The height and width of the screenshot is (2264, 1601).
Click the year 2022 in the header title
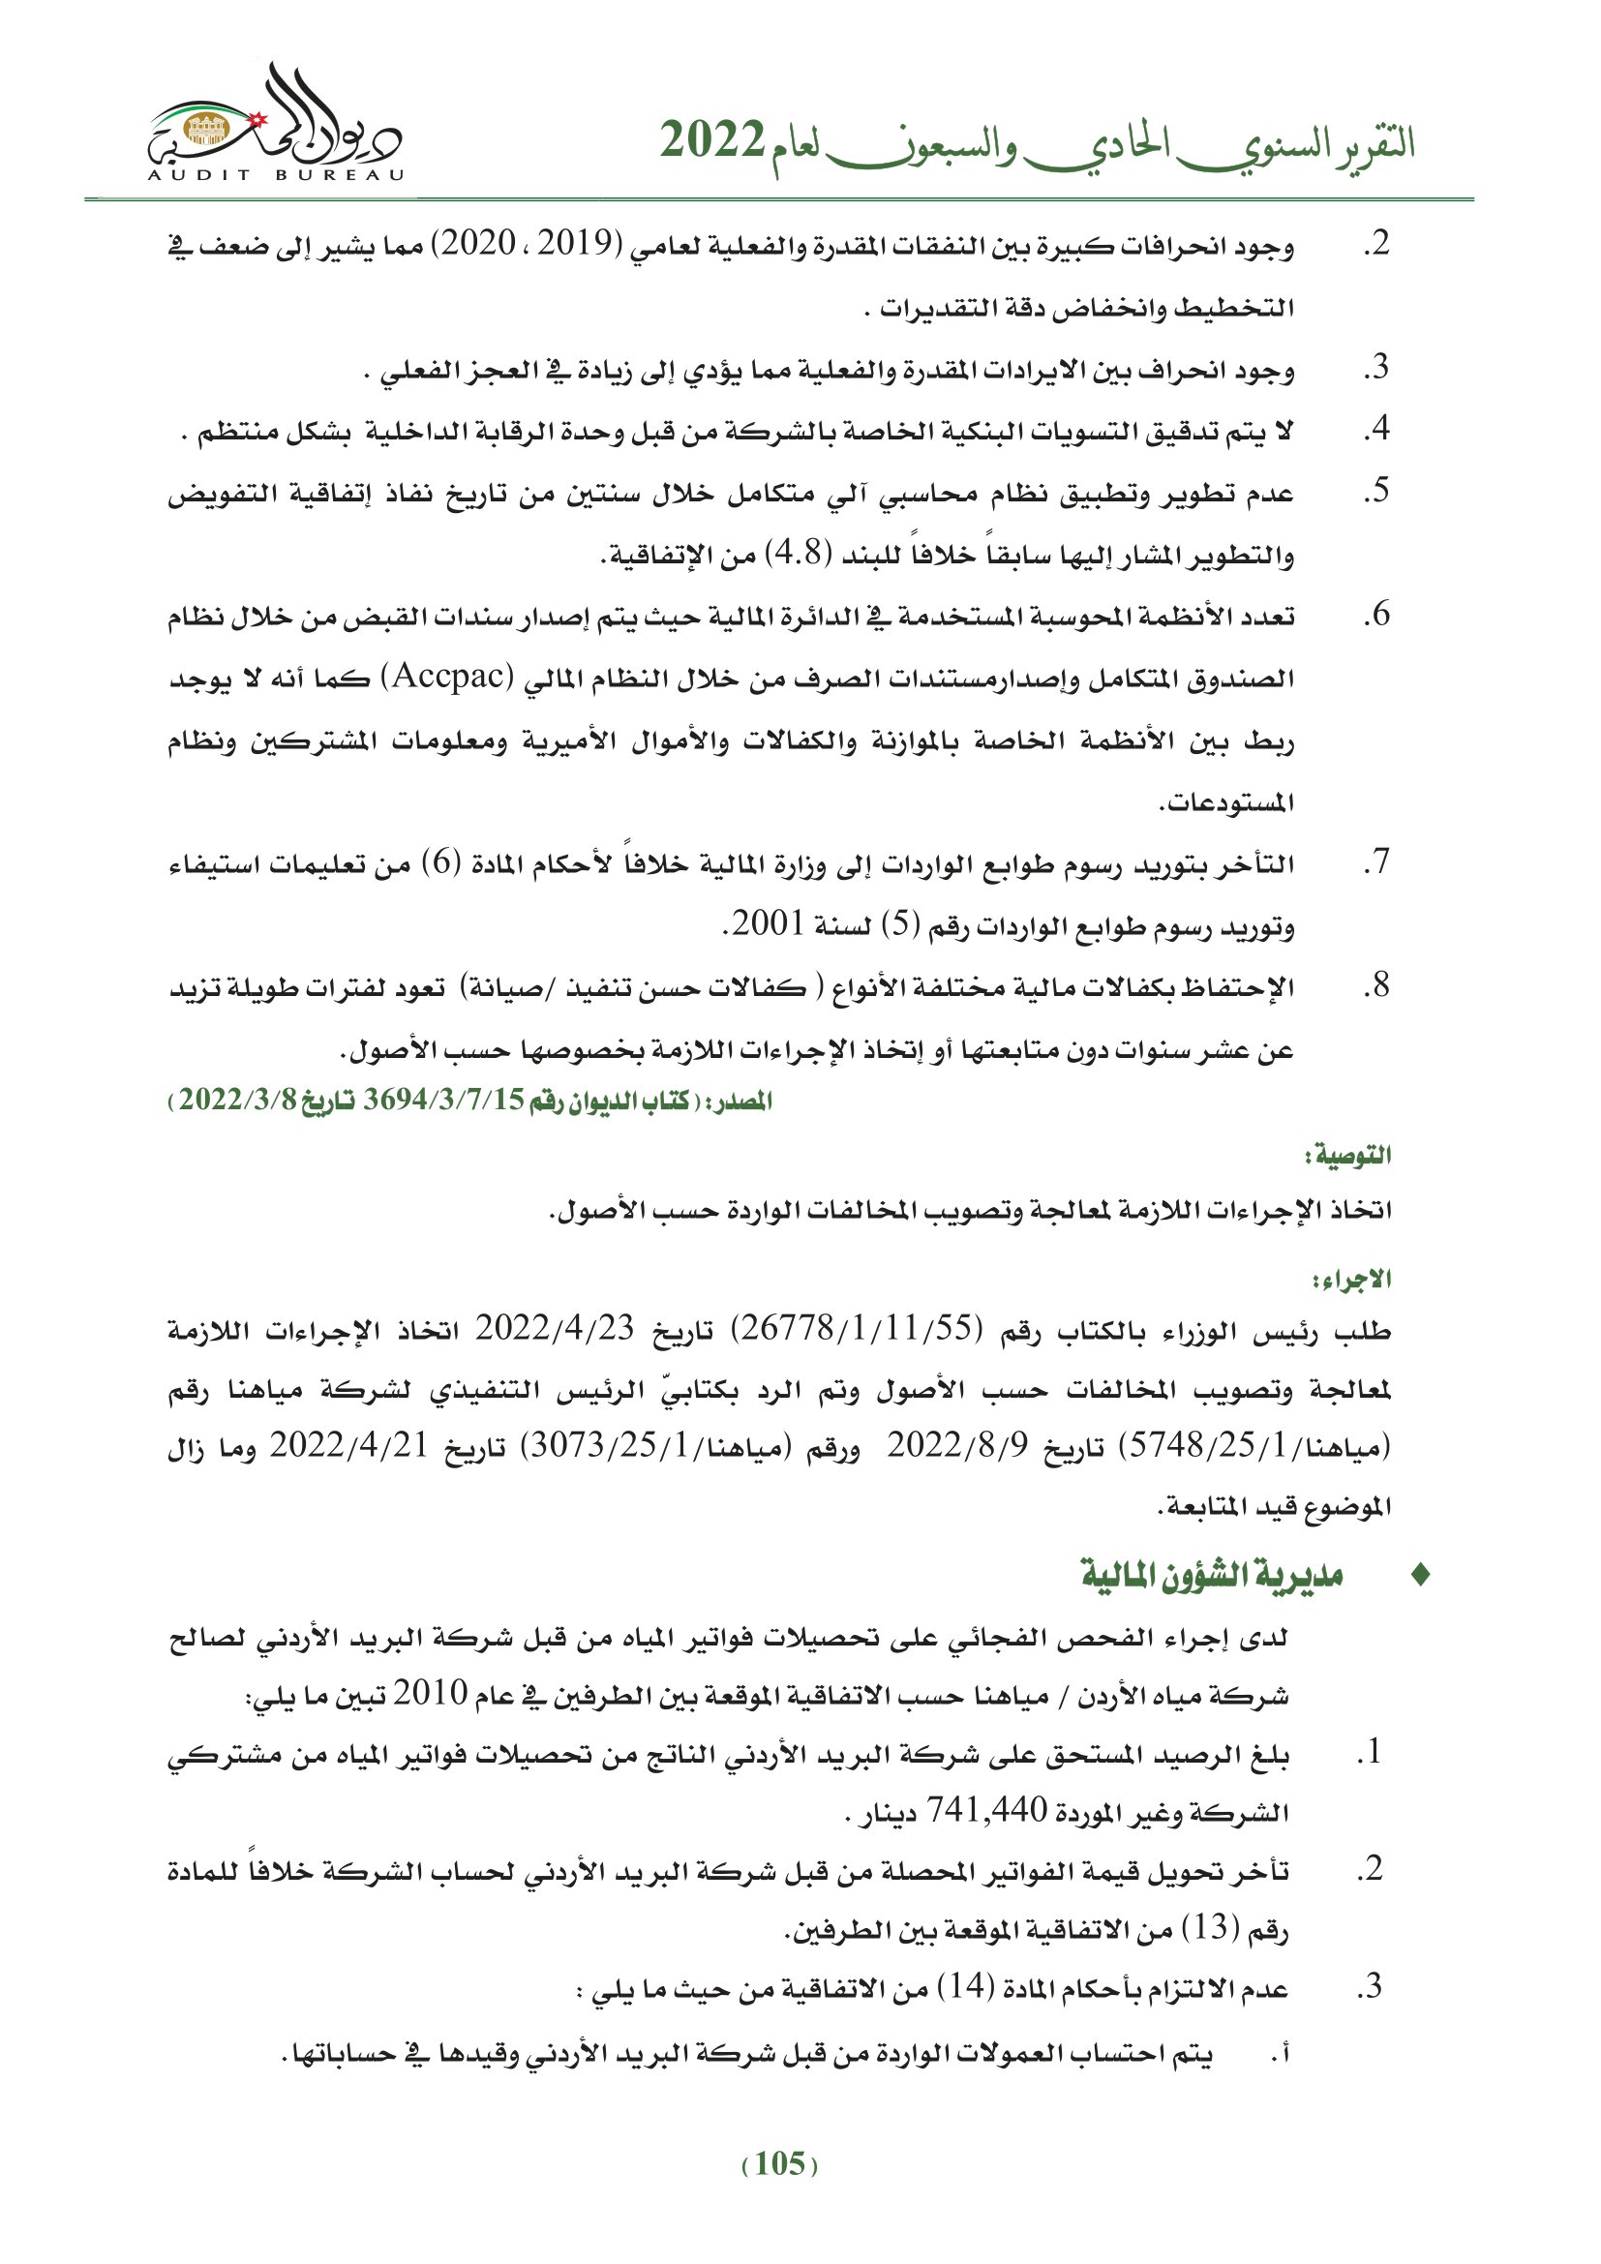point(711,141)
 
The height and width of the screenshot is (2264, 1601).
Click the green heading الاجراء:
point(1351,1280)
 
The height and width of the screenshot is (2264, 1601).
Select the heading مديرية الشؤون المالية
point(1214,1576)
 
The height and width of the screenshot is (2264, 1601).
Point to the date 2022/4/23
point(555,1329)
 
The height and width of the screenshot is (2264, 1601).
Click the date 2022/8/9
point(957,1445)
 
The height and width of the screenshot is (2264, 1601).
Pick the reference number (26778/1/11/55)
point(856,1329)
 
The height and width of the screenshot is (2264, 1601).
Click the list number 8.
point(1376,985)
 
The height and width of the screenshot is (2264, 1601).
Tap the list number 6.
point(1376,615)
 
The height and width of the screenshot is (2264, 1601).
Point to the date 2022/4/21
point(350,1445)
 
